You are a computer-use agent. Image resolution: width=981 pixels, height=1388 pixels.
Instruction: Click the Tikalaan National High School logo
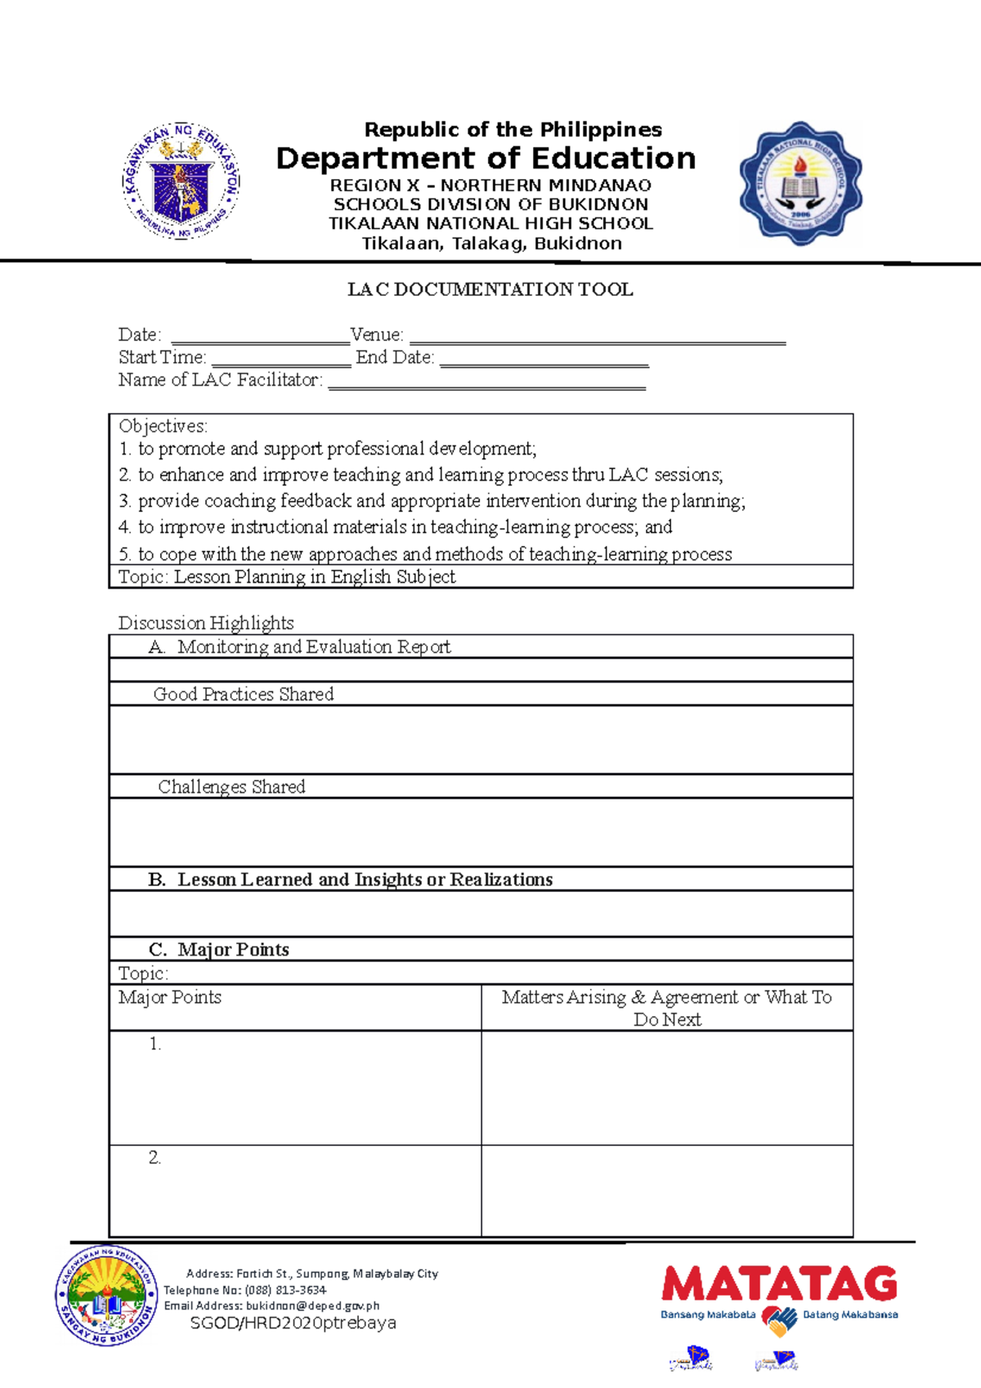point(800,183)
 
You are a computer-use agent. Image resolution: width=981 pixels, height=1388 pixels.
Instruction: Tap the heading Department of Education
point(486,158)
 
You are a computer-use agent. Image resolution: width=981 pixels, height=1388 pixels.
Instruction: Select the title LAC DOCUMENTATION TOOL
point(490,289)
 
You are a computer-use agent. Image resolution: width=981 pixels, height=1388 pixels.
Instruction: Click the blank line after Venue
point(597,337)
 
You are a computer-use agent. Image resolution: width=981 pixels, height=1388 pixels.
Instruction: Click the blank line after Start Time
point(280,360)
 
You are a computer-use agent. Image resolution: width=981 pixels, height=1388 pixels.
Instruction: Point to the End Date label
point(395,358)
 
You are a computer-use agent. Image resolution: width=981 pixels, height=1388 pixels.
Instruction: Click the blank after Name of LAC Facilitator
point(486,383)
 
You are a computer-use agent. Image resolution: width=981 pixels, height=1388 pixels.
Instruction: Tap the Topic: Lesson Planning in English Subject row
point(287,577)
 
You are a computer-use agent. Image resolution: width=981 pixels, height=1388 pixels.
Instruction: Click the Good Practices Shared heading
point(244,695)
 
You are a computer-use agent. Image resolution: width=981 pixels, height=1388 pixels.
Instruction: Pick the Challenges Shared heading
point(231,787)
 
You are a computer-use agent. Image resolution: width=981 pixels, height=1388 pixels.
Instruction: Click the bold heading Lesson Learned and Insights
point(365,880)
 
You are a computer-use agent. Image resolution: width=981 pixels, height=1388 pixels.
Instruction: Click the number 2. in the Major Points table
point(155,1157)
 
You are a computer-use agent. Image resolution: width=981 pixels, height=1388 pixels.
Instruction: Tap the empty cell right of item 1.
point(666,1087)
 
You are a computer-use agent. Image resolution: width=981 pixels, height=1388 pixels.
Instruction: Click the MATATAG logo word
point(779,1284)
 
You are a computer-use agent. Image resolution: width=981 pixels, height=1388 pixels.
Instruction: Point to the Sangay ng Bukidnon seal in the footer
point(105,1296)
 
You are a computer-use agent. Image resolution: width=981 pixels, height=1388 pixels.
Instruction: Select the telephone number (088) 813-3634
point(285,1290)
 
